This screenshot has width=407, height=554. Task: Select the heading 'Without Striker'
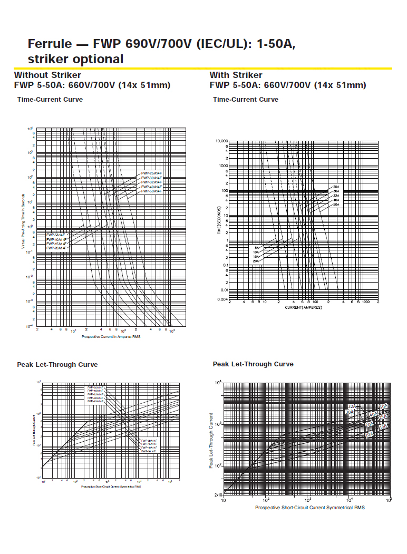point(47,75)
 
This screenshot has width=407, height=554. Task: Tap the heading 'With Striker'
point(236,75)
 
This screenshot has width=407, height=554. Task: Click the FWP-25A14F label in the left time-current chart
point(151,173)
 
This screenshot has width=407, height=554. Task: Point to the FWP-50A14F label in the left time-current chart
point(151,191)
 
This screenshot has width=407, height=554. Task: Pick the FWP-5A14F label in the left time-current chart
point(55,235)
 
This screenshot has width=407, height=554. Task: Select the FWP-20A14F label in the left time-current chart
point(56,247)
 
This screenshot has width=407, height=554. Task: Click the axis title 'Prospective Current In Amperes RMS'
point(111,336)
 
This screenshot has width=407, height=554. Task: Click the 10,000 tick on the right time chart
point(221,141)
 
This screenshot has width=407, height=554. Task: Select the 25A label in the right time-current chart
point(336,187)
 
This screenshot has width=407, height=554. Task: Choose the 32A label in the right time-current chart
point(336,196)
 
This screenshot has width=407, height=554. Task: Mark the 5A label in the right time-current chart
point(257,248)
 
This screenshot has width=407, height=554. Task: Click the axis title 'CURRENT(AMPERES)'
point(303,307)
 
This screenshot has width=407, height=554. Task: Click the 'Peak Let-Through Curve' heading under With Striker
point(253,364)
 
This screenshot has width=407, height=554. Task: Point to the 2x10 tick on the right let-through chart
point(218,495)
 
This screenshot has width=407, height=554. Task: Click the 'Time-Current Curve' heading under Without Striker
point(50,100)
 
